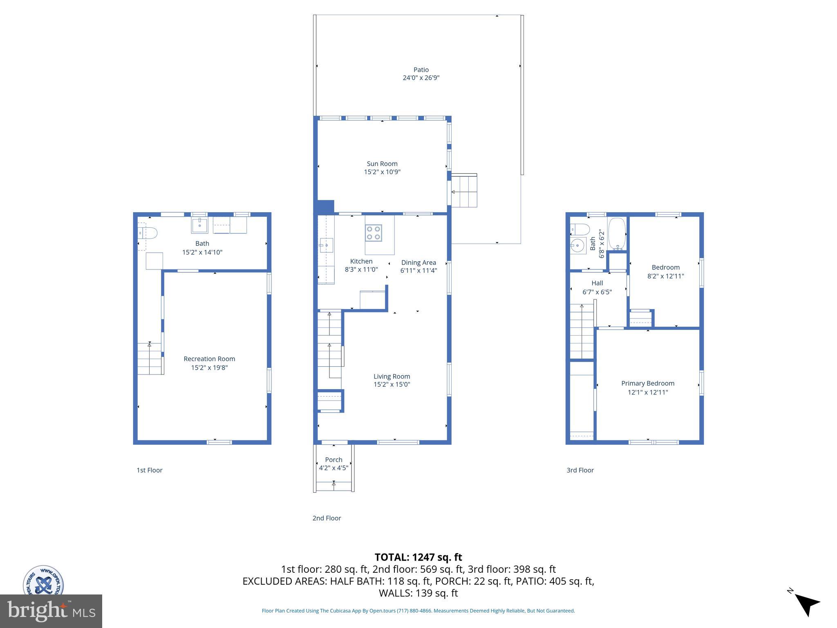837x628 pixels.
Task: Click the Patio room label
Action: pyautogui.click(x=421, y=70)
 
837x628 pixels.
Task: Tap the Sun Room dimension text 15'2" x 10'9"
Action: pyautogui.click(x=382, y=172)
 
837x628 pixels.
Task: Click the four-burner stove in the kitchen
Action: pyautogui.click(x=374, y=233)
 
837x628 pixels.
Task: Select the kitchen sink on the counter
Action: pyautogui.click(x=326, y=245)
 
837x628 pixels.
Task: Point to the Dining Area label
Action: pyautogui.click(x=418, y=262)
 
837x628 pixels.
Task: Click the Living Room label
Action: pyautogui.click(x=392, y=377)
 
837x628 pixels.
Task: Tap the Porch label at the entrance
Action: pyautogui.click(x=333, y=460)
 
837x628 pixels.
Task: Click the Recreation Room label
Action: pyautogui.click(x=209, y=359)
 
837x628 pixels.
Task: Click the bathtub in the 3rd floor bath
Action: pyautogui.click(x=617, y=233)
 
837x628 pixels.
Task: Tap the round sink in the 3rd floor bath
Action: pyautogui.click(x=577, y=246)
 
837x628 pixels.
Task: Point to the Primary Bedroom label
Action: pyautogui.click(x=648, y=384)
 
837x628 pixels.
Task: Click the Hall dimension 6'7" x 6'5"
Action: pyautogui.click(x=597, y=292)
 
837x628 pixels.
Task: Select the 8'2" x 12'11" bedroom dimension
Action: pyautogui.click(x=665, y=276)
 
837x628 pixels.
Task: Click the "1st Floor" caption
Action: pyautogui.click(x=150, y=470)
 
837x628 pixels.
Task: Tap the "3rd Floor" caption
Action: pyautogui.click(x=580, y=470)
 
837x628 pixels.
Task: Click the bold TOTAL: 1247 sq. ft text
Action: pyautogui.click(x=418, y=557)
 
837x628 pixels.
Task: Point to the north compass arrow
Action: pyautogui.click(x=807, y=605)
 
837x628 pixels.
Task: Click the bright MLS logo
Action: pyautogui.click(x=51, y=611)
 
